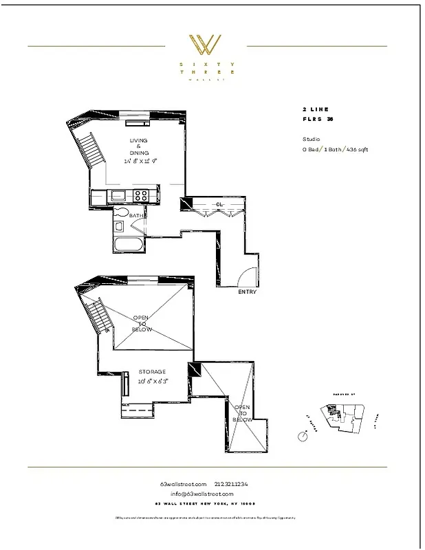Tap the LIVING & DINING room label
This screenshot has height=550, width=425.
coord(138,146)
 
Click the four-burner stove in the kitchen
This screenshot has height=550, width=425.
coord(141,196)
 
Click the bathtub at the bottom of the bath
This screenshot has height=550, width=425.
coord(129,244)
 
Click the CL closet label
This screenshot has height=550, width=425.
coord(219,204)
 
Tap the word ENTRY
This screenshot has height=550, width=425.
coord(247,291)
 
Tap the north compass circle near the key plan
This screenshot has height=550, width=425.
coord(303,436)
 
